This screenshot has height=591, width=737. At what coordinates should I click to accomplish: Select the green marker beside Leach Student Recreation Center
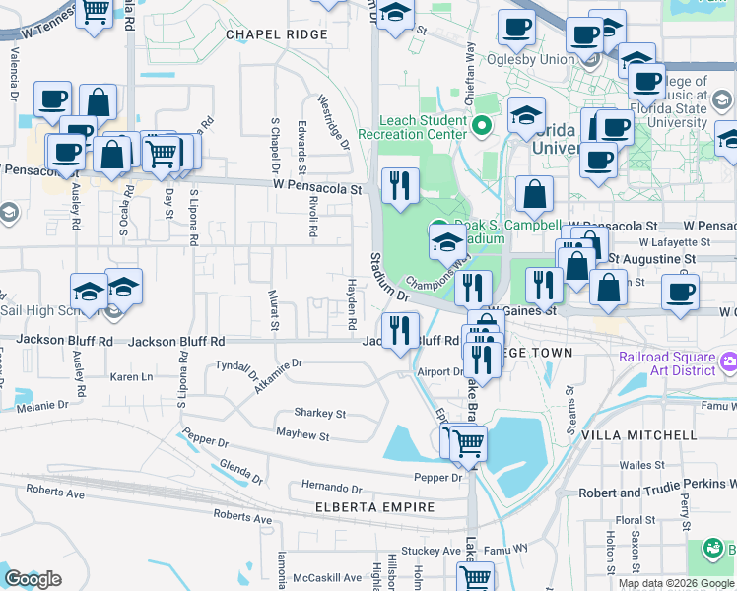tap(482, 125)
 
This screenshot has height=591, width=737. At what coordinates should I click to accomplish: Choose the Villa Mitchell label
tap(653, 435)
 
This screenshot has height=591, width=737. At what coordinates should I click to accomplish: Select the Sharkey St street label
tap(319, 414)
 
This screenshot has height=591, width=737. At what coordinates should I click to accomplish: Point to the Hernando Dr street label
tap(332, 488)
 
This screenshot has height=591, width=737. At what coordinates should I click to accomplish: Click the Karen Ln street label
tap(132, 377)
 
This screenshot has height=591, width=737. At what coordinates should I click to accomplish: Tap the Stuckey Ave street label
tap(431, 551)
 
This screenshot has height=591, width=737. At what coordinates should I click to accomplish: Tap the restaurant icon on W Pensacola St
tap(400, 186)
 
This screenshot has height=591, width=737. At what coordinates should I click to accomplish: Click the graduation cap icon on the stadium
tap(447, 240)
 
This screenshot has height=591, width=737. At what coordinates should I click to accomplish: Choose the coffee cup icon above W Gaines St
tap(679, 291)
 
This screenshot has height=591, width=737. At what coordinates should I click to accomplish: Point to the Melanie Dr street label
tap(40, 405)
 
